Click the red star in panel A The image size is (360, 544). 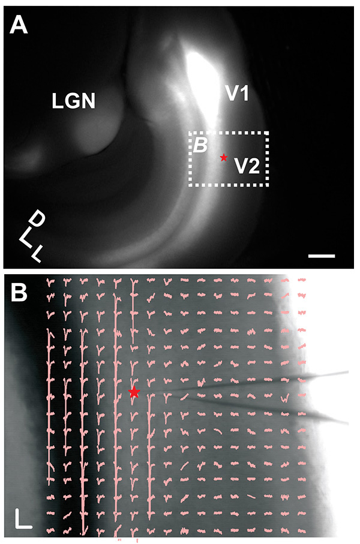tap(224, 157)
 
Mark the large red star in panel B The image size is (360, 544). tap(134, 392)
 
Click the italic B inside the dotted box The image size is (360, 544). tap(200, 144)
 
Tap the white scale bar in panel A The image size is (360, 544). tap(322, 256)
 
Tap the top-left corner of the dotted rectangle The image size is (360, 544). tap(190, 133)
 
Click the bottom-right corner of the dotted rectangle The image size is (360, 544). tap(268, 185)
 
